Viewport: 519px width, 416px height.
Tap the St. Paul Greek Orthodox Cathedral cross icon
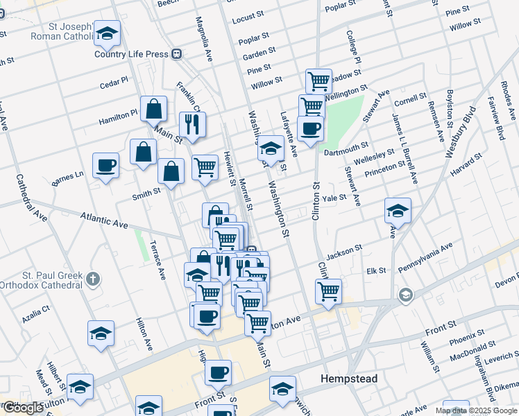click(x=94, y=279)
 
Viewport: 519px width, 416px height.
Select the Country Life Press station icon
click(x=178, y=53)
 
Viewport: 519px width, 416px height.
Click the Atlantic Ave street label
click(x=104, y=223)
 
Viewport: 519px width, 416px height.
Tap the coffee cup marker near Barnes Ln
click(x=105, y=166)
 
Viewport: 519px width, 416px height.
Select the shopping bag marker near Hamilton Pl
click(x=153, y=108)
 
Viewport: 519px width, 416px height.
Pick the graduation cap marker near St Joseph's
click(x=107, y=33)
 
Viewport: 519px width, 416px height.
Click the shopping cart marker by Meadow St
click(x=318, y=80)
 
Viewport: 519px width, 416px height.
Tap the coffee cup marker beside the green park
click(x=310, y=128)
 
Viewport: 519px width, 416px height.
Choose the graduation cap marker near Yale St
click(x=398, y=210)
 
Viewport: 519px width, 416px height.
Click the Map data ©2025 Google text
click(x=477, y=410)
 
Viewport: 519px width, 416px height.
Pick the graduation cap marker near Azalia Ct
click(x=101, y=333)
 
